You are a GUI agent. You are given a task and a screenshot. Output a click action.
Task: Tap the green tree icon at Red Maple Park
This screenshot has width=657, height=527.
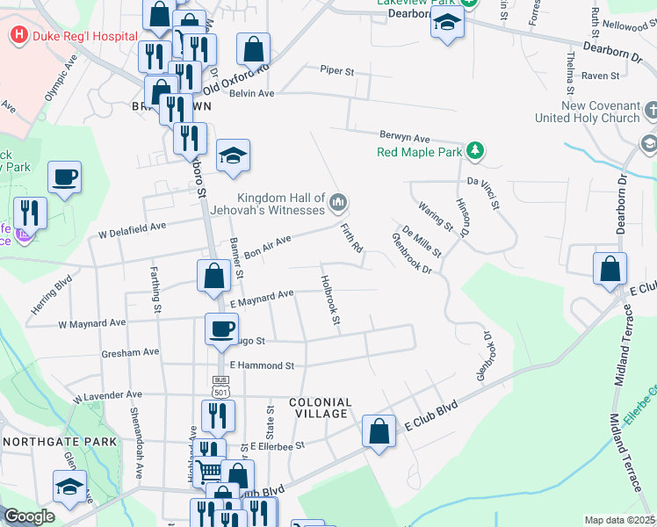tap(475, 151)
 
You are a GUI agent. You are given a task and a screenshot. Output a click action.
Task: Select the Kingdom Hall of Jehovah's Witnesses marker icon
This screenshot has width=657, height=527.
tap(337, 204)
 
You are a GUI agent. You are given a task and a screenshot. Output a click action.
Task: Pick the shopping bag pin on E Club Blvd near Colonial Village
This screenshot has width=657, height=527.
tap(379, 431)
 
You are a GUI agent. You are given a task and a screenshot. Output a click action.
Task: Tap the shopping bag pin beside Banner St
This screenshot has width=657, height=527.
tap(213, 276)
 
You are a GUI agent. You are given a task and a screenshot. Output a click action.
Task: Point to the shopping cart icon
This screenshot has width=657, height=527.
tap(208, 472)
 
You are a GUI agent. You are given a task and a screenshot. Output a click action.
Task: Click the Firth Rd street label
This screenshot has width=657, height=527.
tap(351, 238)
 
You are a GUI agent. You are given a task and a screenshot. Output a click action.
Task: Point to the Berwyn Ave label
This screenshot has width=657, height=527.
tap(404, 138)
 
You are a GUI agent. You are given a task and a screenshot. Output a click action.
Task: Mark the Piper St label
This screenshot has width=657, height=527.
tap(336, 70)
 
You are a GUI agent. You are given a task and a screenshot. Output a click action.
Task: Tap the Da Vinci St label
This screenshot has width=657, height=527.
tap(482, 192)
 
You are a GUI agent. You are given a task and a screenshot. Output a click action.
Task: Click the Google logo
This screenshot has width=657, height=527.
tap(29, 516)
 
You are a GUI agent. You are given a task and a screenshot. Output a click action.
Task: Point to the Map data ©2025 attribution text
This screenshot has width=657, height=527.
tap(619, 520)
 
